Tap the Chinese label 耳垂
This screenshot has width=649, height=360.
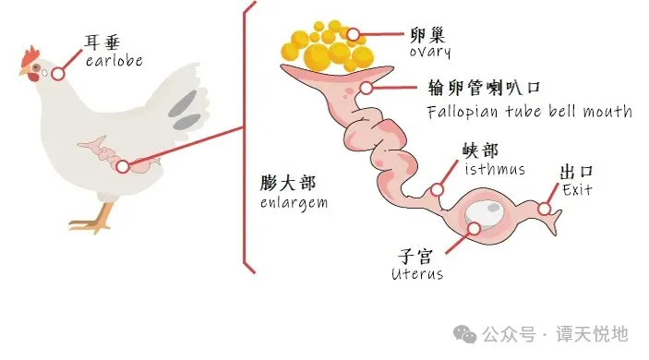(x=104, y=42)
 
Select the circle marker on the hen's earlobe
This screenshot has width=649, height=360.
(x=57, y=73)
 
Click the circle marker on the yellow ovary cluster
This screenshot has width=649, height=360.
(x=353, y=35)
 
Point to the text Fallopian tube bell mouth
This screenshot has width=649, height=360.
(x=529, y=112)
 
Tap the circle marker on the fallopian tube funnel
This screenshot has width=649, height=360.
(x=366, y=89)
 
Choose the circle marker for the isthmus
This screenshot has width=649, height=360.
(x=438, y=190)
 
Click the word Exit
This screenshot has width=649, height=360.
(x=577, y=190)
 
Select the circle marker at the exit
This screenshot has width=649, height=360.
(x=545, y=210)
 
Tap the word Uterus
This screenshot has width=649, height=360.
(x=415, y=273)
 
